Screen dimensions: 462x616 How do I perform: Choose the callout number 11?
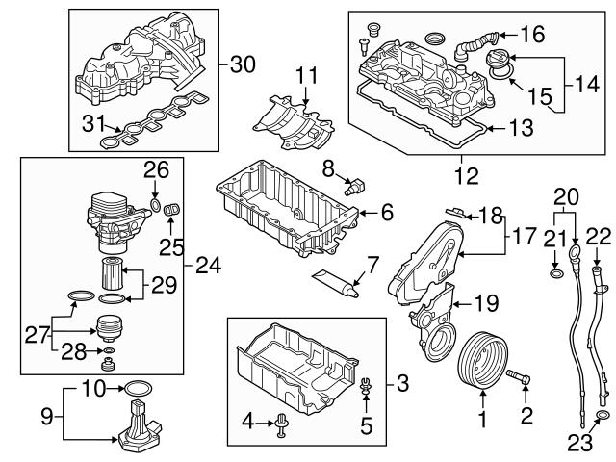(306, 75)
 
